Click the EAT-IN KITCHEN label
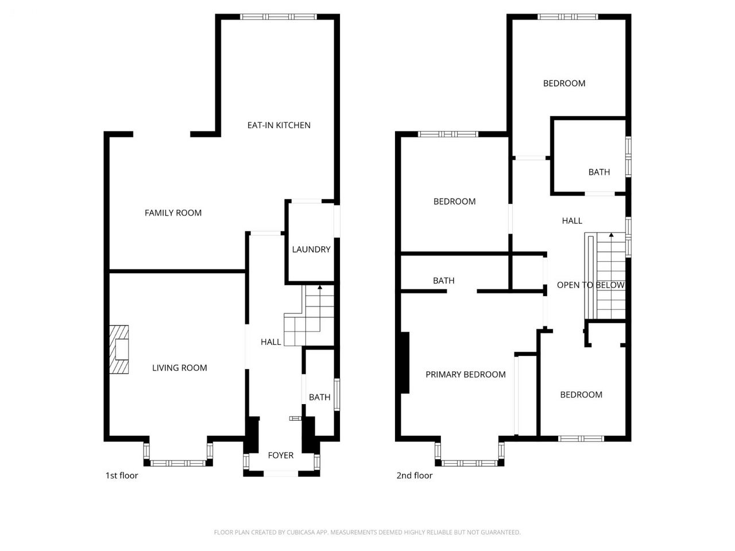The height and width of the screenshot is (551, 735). click(278, 125)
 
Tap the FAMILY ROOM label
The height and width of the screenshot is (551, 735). click(173, 213)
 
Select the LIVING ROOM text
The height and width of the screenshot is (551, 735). click(180, 368)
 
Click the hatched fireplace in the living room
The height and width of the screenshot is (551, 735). click(119, 350)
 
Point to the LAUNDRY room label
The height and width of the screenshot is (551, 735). click(311, 249)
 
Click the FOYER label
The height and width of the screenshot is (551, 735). click(281, 455)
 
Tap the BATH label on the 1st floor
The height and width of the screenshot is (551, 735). click(319, 397)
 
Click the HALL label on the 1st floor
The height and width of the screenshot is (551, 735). click(270, 342)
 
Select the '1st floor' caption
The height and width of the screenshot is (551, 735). click(122, 475)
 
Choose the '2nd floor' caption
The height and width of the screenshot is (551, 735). click(414, 475)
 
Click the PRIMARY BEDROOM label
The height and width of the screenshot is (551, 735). click(466, 374)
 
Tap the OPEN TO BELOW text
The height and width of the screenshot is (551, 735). click(590, 285)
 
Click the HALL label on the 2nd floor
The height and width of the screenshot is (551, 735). click(572, 221)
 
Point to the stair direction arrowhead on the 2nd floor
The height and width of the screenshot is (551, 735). click(611, 235)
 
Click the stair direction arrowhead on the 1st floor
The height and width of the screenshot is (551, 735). click(320, 287)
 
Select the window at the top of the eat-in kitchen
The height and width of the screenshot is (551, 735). click(278, 17)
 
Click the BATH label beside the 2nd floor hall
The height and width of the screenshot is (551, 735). click(599, 172)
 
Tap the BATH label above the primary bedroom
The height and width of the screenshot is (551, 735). click(444, 280)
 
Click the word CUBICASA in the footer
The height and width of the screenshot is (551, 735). click(299, 532)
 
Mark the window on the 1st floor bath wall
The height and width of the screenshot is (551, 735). click(337, 394)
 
